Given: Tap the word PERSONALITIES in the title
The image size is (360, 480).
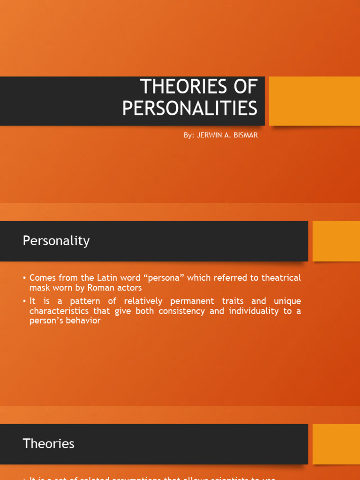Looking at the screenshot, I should (x=190, y=108).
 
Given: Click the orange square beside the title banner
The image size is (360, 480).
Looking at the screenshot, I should (x=315, y=101).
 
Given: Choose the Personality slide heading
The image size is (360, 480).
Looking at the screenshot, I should (x=56, y=241).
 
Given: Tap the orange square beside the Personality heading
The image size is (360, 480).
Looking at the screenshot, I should (x=336, y=241).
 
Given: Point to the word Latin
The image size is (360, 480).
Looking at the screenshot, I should (x=111, y=278).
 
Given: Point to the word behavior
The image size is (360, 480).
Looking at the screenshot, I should (x=83, y=321).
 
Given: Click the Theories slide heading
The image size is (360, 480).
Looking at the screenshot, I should (x=48, y=443).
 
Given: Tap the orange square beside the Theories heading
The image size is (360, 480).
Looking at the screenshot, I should (x=336, y=444).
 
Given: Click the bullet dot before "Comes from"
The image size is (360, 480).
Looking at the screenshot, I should (x=24, y=278).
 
